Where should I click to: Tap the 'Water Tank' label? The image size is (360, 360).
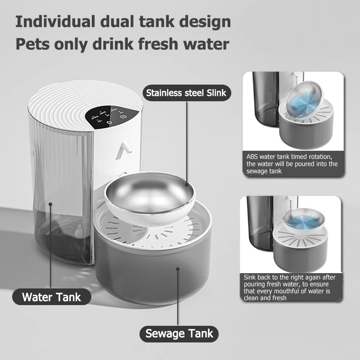click(51, 297)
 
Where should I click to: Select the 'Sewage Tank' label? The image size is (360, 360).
click(179, 334)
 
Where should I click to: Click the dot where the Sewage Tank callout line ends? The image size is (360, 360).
click(179, 269)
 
